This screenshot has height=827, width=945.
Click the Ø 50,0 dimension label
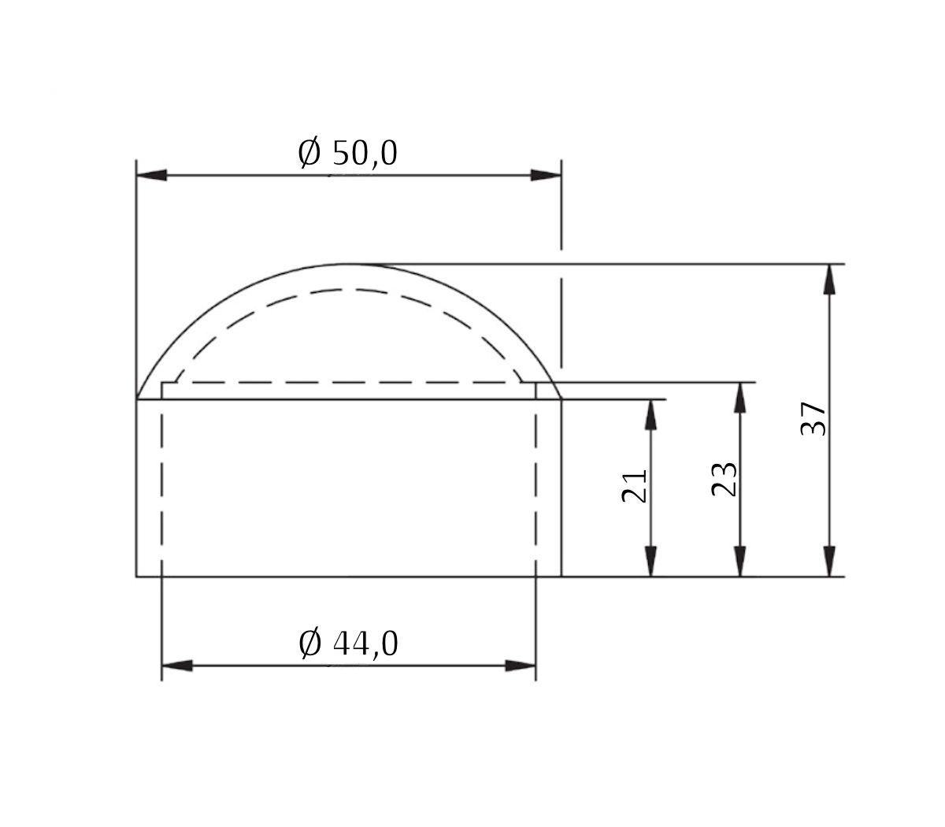pyautogui.click(x=347, y=153)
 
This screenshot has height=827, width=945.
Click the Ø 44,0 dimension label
pyautogui.click(x=348, y=644)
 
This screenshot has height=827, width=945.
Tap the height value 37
pyautogui.click(x=813, y=418)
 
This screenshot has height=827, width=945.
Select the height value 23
pyautogui.click(x=724, y=479)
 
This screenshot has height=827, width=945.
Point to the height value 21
pyautogui.click(x=635, y=485)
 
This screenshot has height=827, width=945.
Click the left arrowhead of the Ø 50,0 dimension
pyautogui.click(x=151, y=175)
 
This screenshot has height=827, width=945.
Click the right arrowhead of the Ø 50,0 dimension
pyautogui.click(x=546, y=175)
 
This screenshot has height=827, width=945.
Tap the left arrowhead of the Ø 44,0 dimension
pyautogui.click(x=176, y=666)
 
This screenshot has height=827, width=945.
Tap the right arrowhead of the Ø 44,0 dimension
pyautogui.click(x=521, y=666)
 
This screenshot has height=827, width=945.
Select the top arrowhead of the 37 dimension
pyautogui.click(x=828, y=279)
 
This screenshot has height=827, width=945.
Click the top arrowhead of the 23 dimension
pyautogui.click(x=740, y=397)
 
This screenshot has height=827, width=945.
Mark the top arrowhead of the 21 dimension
pyautogui.click(x=650, y=414)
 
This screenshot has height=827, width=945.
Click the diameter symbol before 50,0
pyautogui.click(x=309, y=153)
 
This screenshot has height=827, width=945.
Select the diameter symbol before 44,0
pyautogui.click(x=310, y=644)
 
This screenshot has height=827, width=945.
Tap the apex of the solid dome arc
pyautogui.click(x=349, y=264)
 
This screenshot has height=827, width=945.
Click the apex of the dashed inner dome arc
pyautogui.click(x=349, y=289)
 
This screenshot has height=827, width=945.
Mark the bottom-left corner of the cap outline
pyautogui.click(x=137, y=577)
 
